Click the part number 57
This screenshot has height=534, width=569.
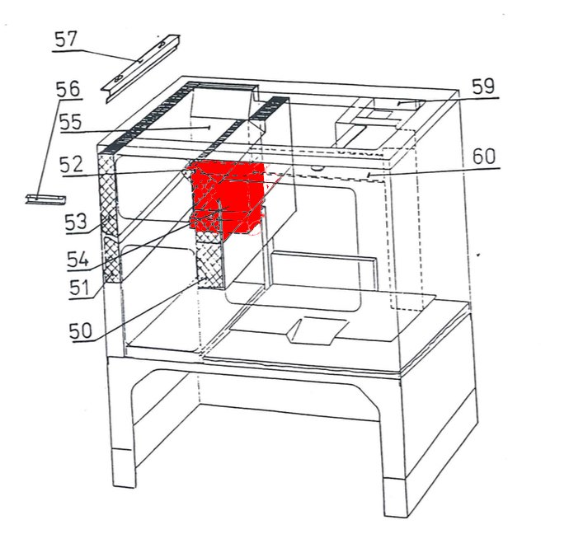tap(66, 40)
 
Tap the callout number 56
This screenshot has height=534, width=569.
tap(68, 89)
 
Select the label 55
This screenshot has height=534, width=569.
tap(71, 122)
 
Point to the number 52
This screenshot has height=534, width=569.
tap(72, 165)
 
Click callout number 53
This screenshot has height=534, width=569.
tap(76, 222)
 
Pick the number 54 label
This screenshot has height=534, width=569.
tap(78, 260)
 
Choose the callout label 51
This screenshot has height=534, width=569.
tap(79, 288)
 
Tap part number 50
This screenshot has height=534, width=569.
tap(81, 330)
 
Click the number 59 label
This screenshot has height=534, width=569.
tap(483, 87)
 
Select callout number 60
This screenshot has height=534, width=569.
tap(484, 157)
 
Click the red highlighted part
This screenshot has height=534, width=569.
tap(227, 198)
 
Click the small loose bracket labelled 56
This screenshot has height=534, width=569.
tap(45, 199)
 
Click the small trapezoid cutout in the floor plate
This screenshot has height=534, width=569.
tap(317, 330)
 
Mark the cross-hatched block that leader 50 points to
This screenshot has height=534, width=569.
tap(209, 260)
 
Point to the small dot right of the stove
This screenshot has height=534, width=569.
tap(478, 255)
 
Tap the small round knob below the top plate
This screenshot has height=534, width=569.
tap(317, 168)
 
